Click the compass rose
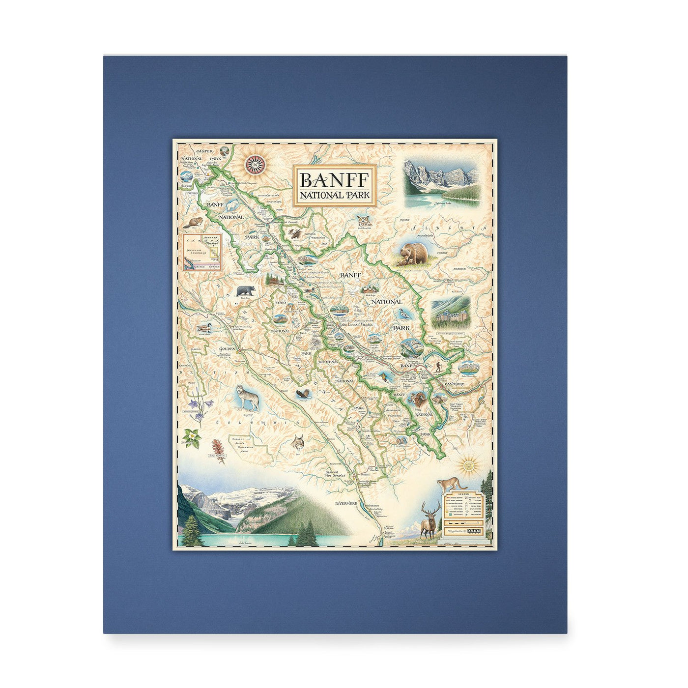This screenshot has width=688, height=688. pos(255,164)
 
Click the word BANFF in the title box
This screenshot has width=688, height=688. pos(334,180)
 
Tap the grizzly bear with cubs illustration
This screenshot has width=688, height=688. pos(412,255)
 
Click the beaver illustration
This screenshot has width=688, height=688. pos(192,223)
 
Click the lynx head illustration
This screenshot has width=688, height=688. pos(298,442)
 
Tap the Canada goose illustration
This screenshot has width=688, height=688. pos(202,328)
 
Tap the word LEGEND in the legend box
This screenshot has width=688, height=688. pos(463,494)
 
